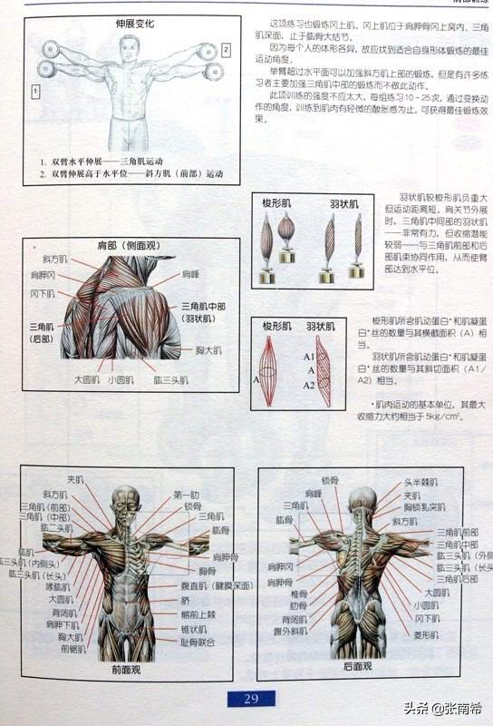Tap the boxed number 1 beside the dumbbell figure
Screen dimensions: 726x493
pyautogui.click(x=34, y=91)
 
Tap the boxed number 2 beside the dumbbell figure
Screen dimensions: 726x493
pyautogui.click(x=226, y=50)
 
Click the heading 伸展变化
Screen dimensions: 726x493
pyautogui.click(x=135, y=25)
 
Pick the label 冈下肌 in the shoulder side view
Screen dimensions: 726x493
pyautogui.click(x=43, y=294)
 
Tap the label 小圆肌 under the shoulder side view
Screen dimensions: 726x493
pyautogui.click(x=121, y=380)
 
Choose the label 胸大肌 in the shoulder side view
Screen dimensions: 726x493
pyautogui.click(x=209, y=348)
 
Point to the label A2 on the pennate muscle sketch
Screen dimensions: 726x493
pyautogui.click(x=309, y=385)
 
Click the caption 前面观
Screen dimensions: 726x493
pyautogui.click(x=126, y=671)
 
